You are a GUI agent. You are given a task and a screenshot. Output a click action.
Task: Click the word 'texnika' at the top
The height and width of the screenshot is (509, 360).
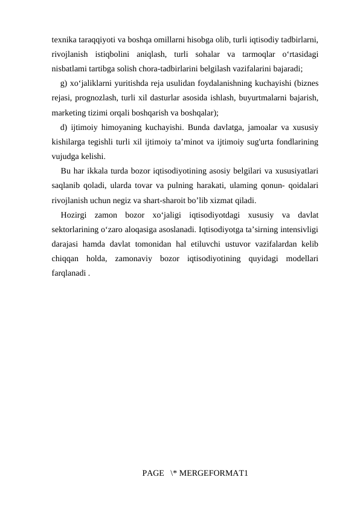(x=64, y=39)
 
